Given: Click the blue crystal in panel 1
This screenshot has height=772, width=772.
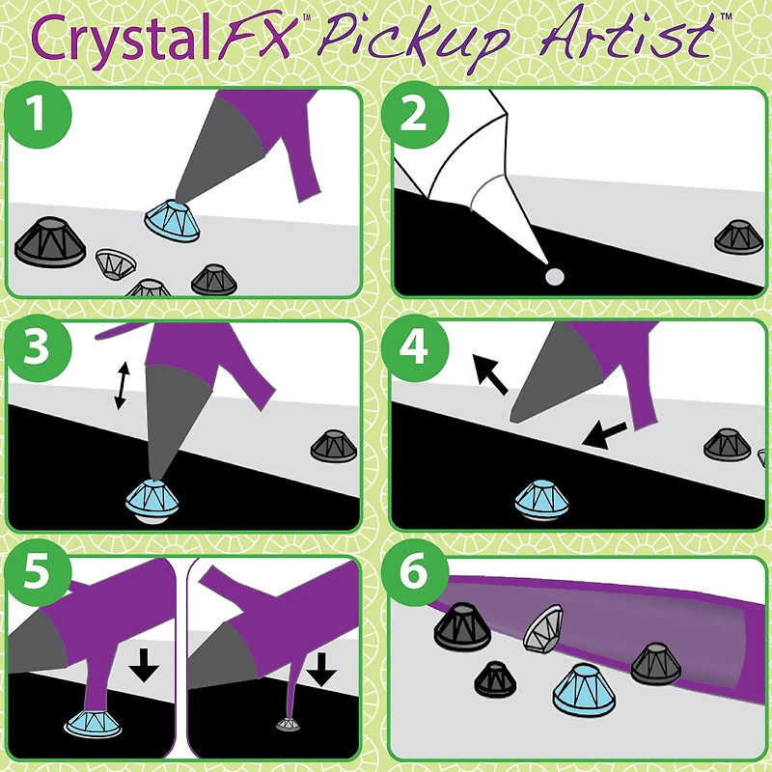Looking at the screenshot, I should tap(172, 221).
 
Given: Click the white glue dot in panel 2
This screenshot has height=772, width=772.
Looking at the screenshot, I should tap(554, 277).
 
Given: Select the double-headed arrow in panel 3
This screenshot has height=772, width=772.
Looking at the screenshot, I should tap(121, 385).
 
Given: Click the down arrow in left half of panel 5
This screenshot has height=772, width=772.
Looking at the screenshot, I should tap(143, 665).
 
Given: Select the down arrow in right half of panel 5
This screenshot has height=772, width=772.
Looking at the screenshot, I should tap(321, 665).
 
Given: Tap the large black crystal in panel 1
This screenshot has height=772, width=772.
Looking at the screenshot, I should tap(50, 242).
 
